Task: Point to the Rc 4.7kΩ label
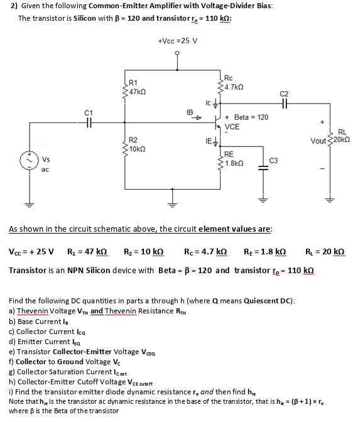234,84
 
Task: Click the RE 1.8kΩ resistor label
234,158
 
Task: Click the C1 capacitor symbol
89,122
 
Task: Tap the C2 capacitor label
285,93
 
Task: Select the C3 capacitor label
273,161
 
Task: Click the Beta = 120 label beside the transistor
251,117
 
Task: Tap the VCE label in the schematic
232,126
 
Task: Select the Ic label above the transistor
208,102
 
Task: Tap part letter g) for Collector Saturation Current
13,372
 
